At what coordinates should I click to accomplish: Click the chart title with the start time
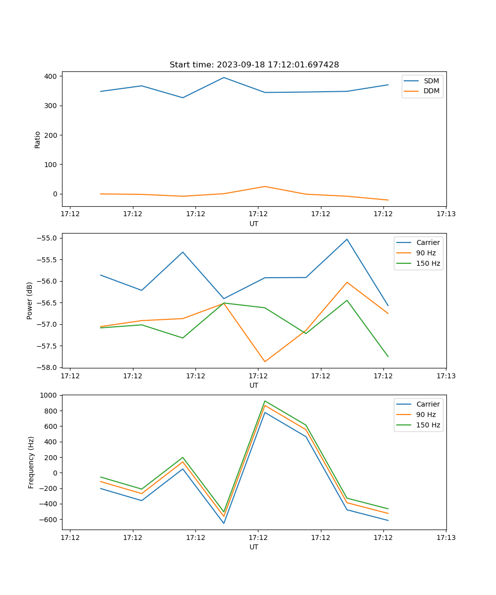pos(254,65)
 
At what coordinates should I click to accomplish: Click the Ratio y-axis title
pos(38,139)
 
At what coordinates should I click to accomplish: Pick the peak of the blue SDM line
pos(224,77)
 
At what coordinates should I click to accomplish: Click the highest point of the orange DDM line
pos(265,186)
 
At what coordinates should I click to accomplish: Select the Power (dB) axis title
pos(30,300)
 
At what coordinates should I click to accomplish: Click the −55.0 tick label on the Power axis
pos(47,238)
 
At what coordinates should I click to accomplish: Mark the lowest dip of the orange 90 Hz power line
pos(265,361)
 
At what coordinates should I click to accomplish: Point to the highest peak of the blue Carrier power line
pos(347,239)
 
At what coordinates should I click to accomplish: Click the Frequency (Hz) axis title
pos(31,462)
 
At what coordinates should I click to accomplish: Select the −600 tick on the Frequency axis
pos(48,520)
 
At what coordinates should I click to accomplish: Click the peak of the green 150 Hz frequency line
pos(265,401)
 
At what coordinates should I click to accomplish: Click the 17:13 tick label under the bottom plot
pos(446,537)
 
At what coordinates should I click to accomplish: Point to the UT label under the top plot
pos(254,224)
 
